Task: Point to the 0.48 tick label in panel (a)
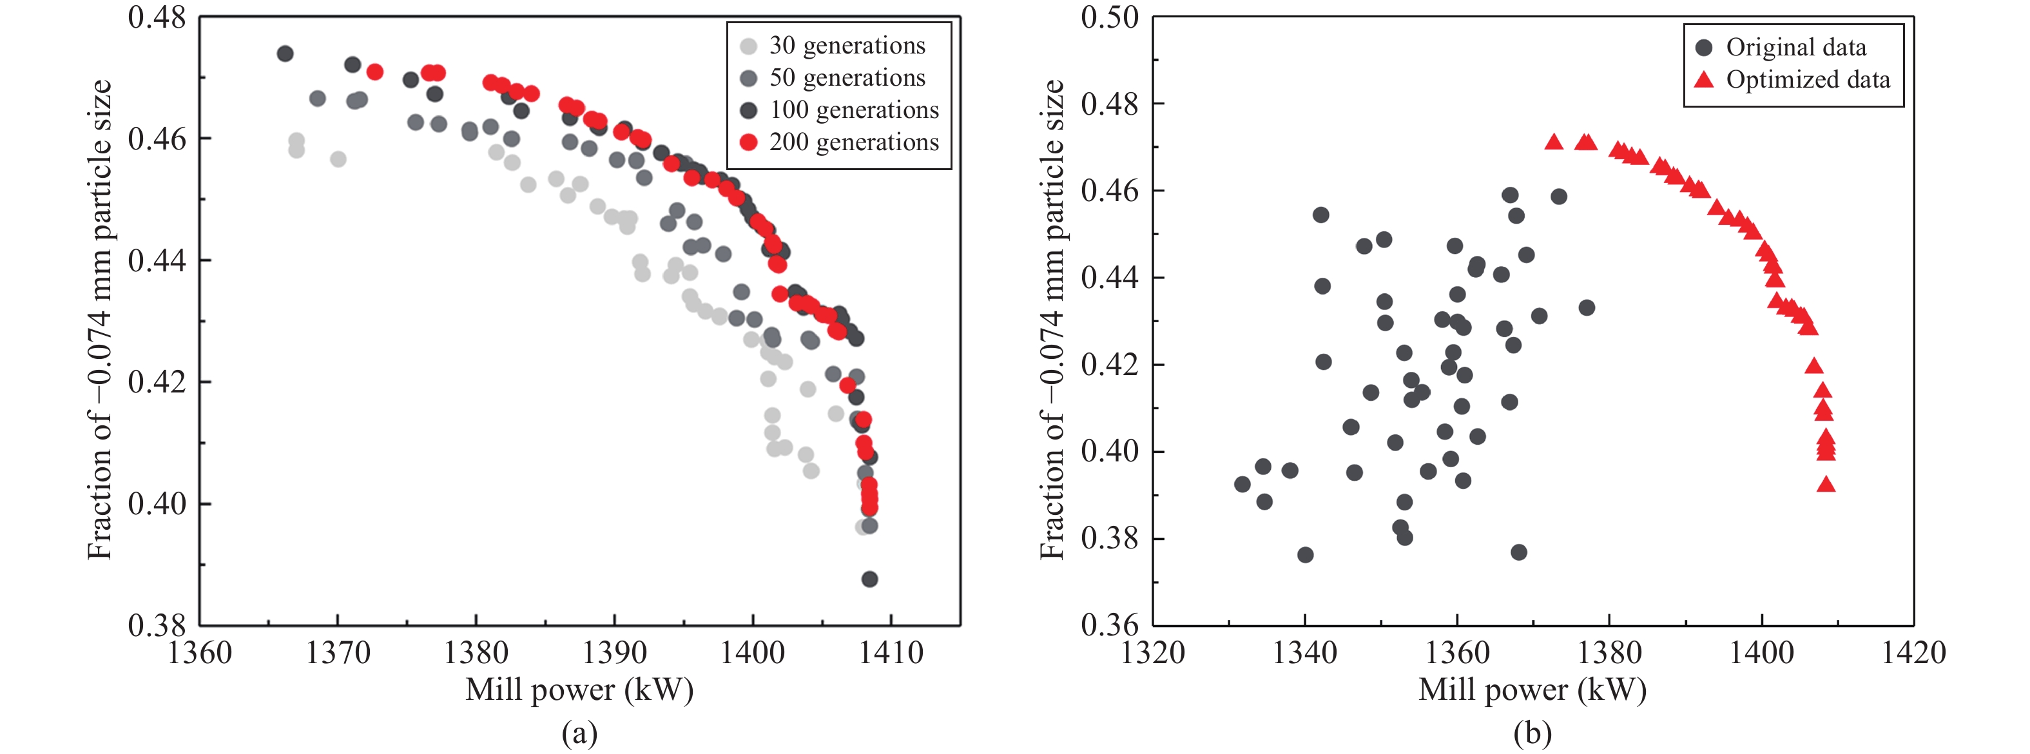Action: click(157, 17)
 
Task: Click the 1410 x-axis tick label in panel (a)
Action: click(891, 653)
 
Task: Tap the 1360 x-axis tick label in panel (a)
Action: click(200, 653)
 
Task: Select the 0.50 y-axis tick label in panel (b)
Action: click(1110, 17)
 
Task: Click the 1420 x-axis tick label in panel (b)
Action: click(1913, 653)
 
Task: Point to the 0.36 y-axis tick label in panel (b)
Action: click(1110, 626)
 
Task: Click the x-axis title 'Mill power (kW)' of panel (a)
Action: click(579, 690)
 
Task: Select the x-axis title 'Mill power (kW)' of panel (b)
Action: click(1532, 690)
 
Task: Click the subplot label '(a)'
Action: click(579, 733)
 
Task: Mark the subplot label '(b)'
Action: click(1532, 733)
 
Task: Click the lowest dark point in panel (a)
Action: click(869, 579)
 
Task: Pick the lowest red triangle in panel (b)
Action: click(1826, 485)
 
